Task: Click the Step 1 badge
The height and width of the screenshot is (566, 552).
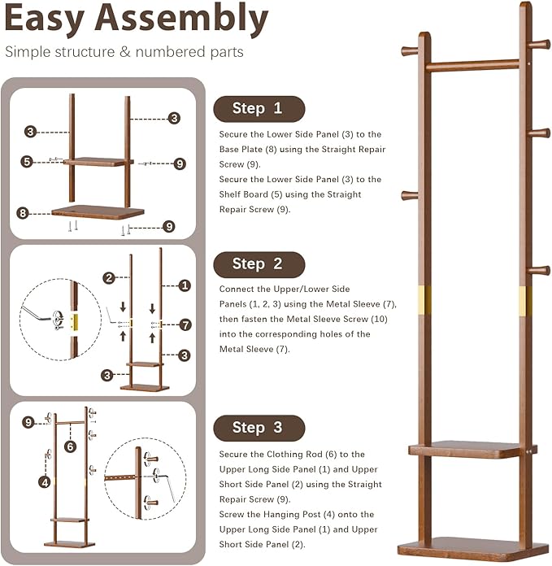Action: click(x=258, y=108)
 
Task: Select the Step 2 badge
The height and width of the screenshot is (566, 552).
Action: click(x=258, y=263)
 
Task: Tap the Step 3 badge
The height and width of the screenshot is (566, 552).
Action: click(x=258, y=428)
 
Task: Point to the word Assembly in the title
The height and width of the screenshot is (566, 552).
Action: click(x=190, y=20)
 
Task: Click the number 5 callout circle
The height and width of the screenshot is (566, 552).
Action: click(x=27, y=162)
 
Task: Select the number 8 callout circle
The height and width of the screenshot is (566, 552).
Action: click(x=23, y=213)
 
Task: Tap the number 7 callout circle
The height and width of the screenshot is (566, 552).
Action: click(x=185, y=324)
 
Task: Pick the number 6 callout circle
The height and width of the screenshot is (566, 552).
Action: click(x=70, y=446)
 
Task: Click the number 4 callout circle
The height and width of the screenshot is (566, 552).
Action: click(x=45, y=481)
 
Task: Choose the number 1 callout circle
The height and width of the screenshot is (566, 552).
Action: click(x=185, y=285)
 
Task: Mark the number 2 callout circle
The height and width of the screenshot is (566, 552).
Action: click(x=109, y=278)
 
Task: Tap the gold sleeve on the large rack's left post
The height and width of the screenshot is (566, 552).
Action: click(x=424, y=302)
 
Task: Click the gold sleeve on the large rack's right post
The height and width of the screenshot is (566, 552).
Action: click(x=525, y=301)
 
